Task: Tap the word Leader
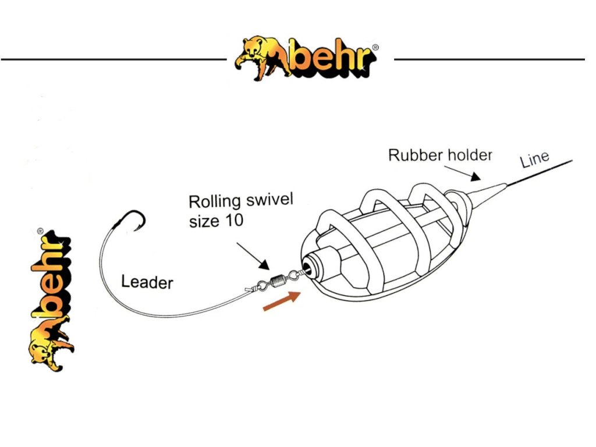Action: click(x=147, y=282)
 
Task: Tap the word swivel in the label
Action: click(x=269, y=200)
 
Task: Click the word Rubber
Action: click(x=410, y=155)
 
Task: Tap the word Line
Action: click(x=534, y=158)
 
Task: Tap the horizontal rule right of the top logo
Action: click(x=489, y=59)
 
